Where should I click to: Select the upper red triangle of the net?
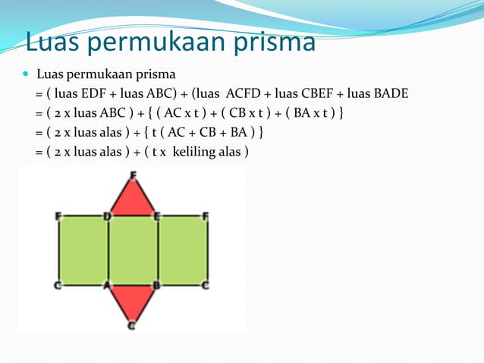(133, 199)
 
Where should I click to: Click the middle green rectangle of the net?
(133, 250)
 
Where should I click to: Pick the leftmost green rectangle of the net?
(83, 250)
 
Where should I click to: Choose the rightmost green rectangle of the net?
(183, 250)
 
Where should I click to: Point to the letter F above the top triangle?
(134, 175)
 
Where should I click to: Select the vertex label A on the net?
(107, 286)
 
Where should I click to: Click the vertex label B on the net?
(156, 286)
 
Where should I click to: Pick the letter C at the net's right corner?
(206, 286)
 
